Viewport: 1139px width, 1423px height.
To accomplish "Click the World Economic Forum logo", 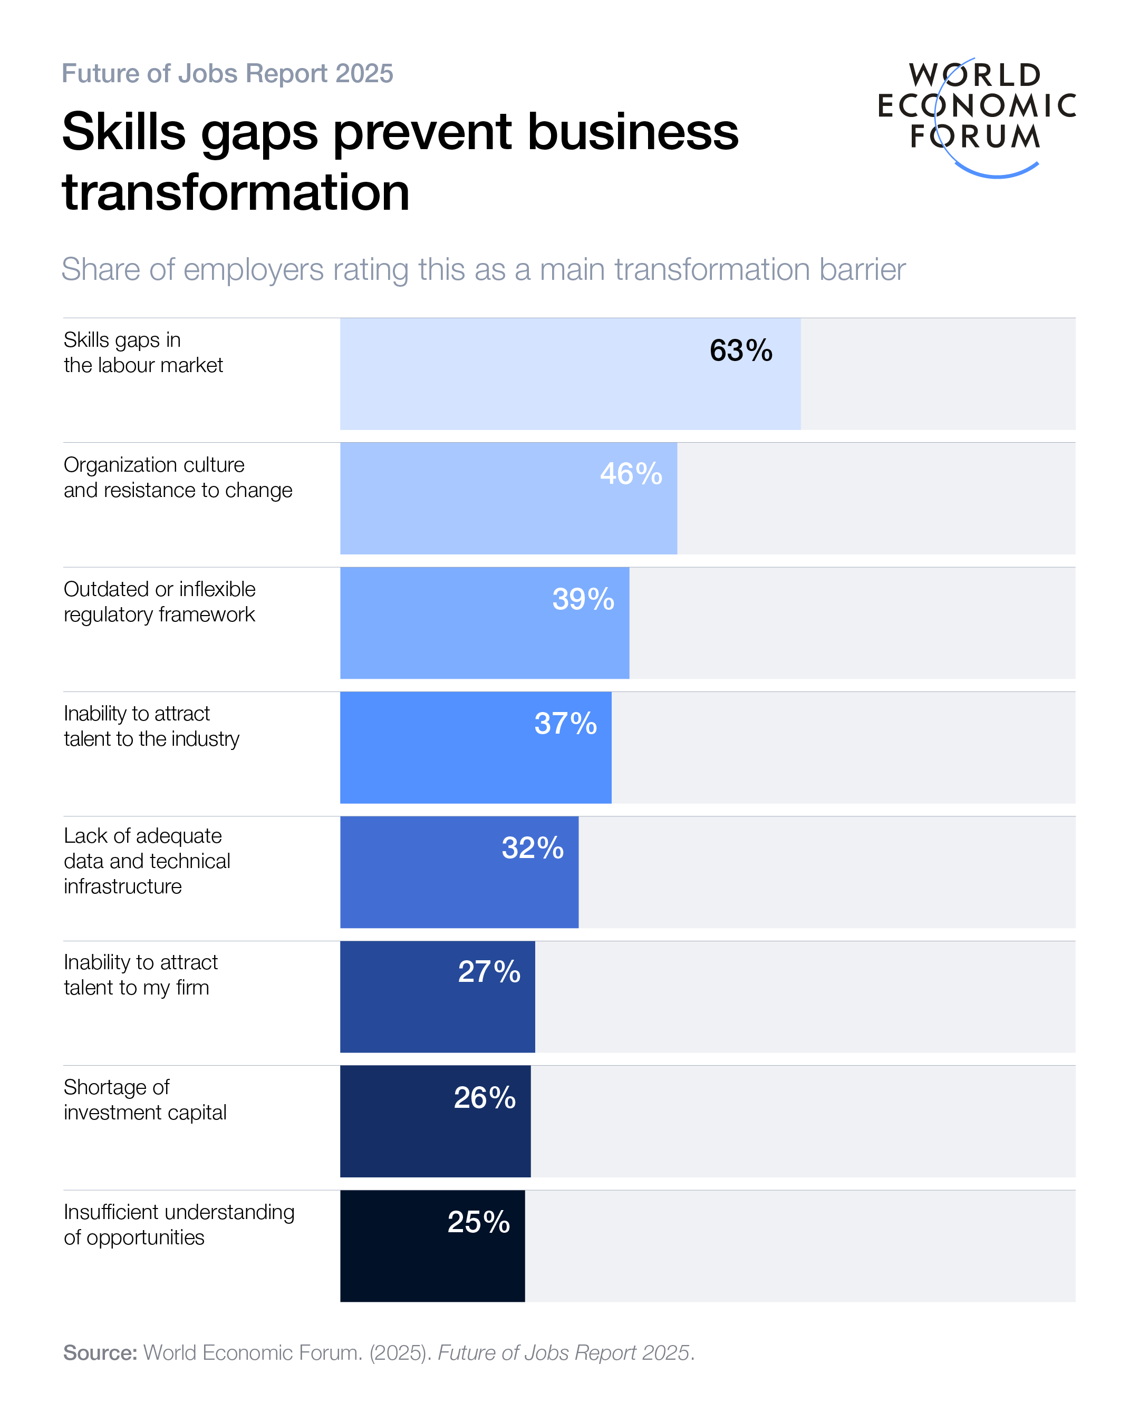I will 976,115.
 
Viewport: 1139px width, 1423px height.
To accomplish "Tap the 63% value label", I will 741,350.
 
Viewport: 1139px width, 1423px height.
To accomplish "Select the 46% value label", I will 631,474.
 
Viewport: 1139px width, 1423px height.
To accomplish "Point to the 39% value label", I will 583,599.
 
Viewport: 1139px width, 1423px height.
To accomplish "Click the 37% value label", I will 565,724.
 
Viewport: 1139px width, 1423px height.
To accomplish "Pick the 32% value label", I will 532,848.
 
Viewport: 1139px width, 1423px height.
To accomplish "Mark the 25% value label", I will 479,1222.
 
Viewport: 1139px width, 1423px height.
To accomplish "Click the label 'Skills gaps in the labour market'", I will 143,353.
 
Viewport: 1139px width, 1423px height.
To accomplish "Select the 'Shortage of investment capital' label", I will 144,1099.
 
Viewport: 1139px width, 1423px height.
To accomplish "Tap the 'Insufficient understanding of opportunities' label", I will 179,1224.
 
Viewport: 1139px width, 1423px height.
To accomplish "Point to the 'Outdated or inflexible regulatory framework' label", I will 159,602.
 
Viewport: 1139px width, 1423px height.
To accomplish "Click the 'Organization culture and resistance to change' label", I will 178,477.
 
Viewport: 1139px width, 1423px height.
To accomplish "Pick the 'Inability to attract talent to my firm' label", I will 141,975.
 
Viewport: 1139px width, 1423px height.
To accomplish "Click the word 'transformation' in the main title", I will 236,193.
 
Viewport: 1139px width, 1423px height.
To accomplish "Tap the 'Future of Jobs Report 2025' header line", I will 227,73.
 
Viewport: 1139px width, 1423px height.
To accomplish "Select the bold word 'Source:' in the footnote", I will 100,1353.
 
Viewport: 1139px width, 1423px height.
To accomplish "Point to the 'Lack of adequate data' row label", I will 147,861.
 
